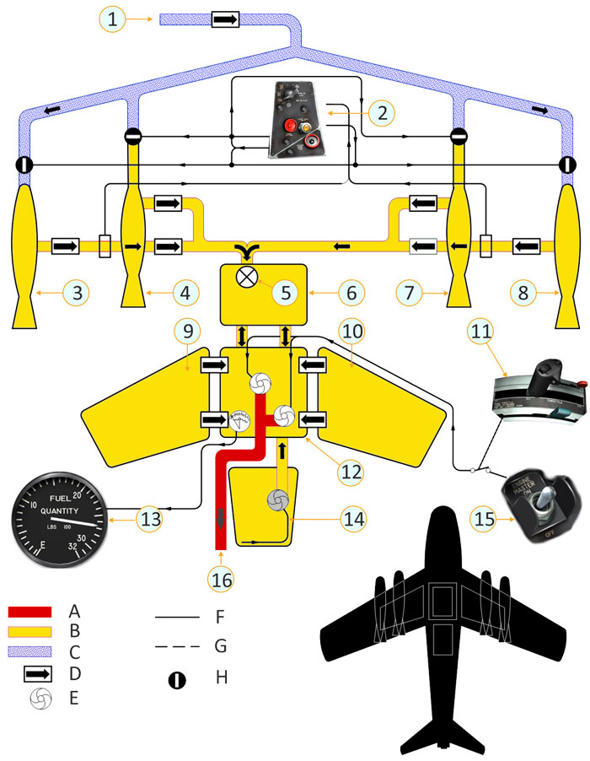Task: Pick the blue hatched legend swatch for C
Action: [x=30, y=651]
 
